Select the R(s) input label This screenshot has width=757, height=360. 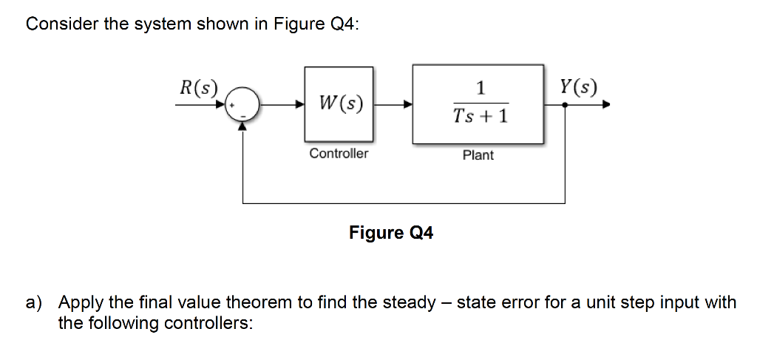(x=198, y=88)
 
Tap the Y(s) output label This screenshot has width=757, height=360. (x=579, y=88)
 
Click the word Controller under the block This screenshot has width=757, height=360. (x=339, y=154)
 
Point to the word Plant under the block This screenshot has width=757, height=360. (x=478, y=154)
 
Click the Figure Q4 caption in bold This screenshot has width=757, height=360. (x=391, y=234)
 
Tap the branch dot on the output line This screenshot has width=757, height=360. (x=566, y=105)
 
